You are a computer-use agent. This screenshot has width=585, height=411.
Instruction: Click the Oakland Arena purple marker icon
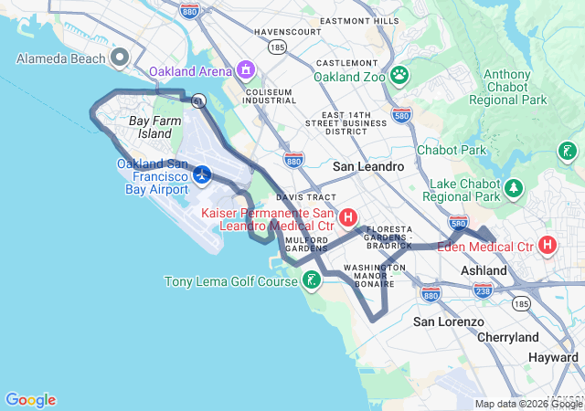click(x=245, y=69)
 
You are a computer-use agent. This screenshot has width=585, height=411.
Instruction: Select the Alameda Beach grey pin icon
click(x=119, y=58)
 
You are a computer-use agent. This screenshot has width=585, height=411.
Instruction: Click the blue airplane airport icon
click(x=202, y=173)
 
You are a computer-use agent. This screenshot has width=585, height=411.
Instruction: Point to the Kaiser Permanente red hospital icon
click(x=348, y=217)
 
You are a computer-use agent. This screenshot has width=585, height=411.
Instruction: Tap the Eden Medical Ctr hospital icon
click(x=548, y=246)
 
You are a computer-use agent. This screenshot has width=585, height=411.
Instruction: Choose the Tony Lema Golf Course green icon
click(x=313, y=280)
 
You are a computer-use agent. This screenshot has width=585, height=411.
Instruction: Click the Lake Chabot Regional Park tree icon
click(x=514, y=189)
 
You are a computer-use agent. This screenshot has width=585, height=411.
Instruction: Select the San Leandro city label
click(x=367, y=166)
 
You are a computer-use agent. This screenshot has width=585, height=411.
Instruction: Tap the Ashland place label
click(x=484, y=271)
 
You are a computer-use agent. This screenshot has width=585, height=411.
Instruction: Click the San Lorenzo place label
click(x=448, y=322)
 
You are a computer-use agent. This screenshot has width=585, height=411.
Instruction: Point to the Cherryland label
click(x=508, y=337)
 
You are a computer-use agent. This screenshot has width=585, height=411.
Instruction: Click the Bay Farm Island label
click(x=150, y=127)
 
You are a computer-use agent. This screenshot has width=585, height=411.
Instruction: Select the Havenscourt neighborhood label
click(x=288, y=31)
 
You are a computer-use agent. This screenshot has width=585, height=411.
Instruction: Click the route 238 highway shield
click(x=483, y=290)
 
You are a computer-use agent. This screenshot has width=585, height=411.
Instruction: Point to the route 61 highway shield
click(x=197, y=100)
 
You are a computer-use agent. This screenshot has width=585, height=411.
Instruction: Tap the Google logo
click(x=30, y=400)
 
